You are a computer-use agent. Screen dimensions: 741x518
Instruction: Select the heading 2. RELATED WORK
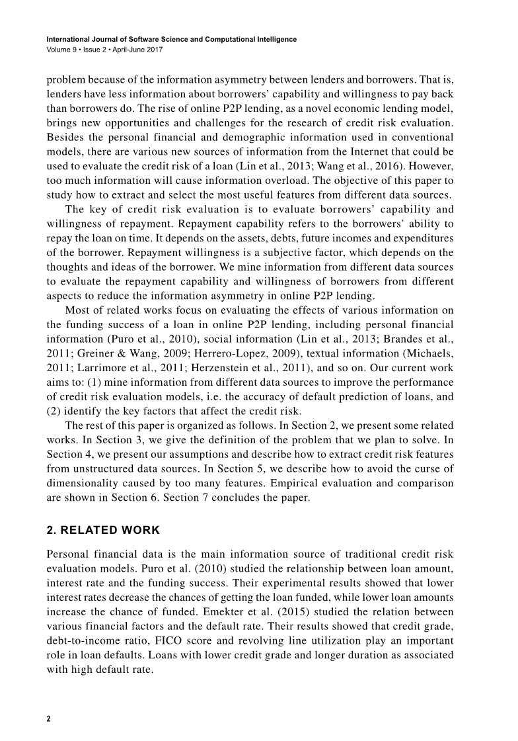click(104, 530)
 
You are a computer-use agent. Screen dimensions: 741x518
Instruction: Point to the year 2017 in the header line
click(153, 50)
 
